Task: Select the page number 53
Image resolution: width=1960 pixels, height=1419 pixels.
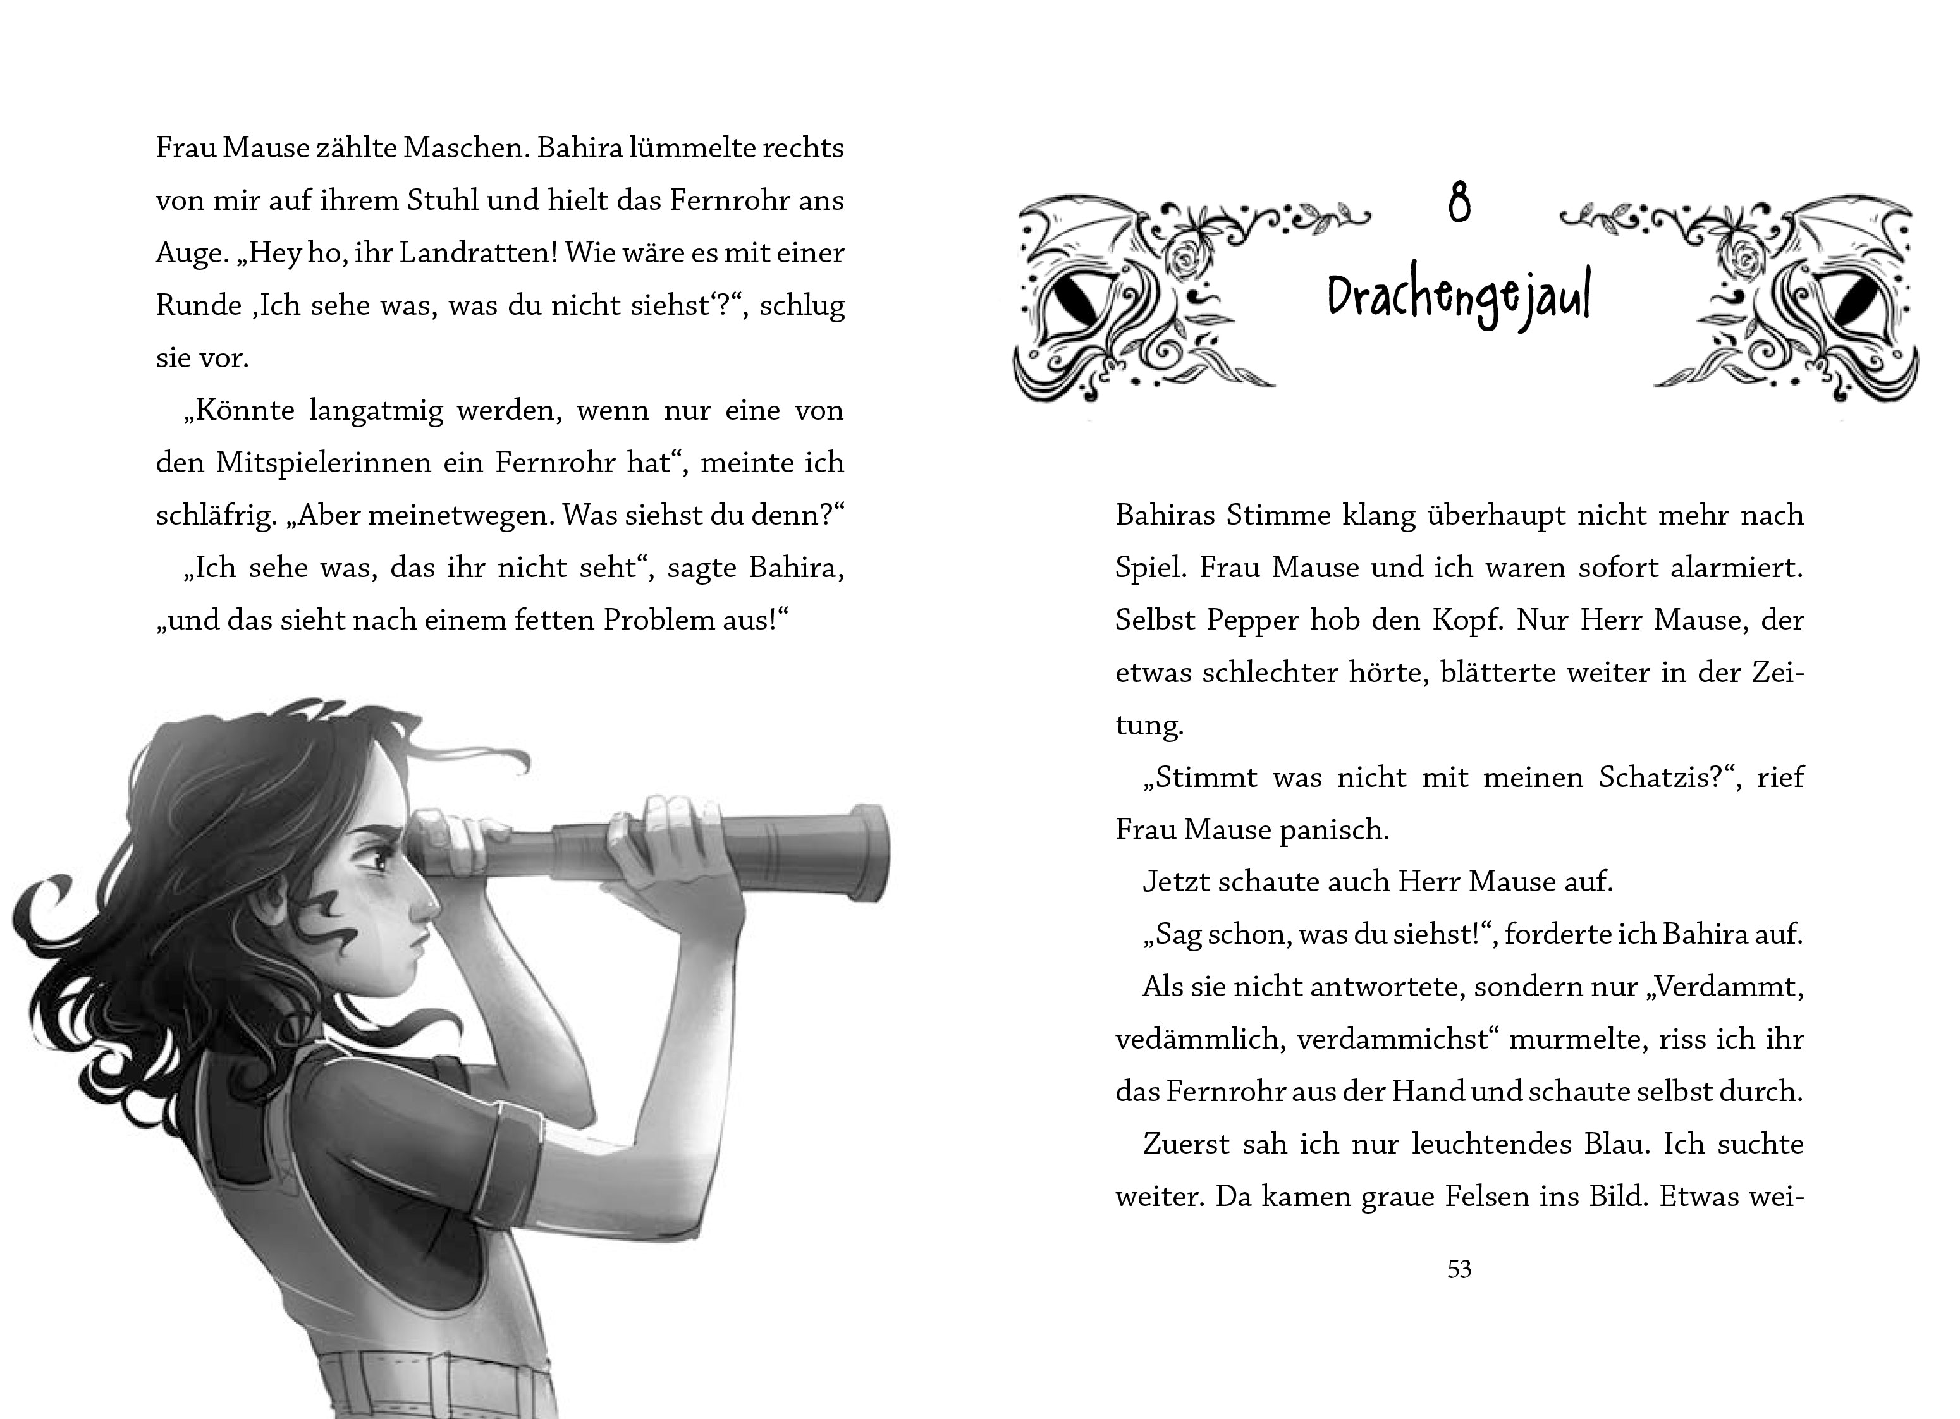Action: pos(1459,1269)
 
